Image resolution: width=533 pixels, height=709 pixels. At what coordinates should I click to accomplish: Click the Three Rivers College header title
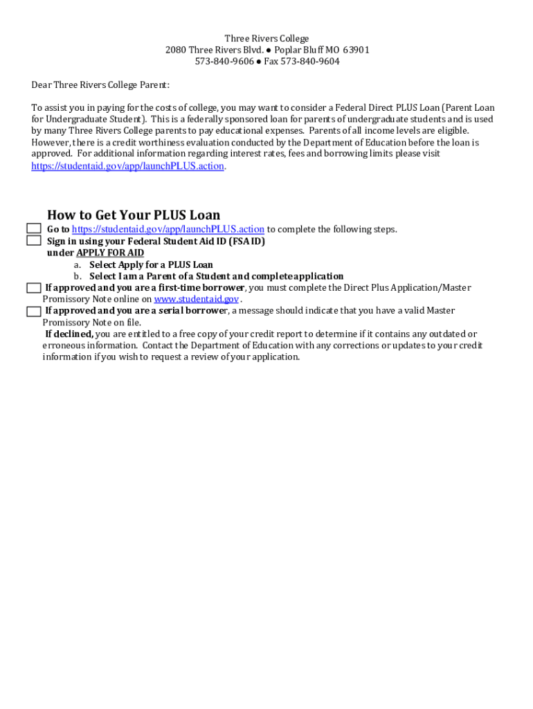(266, 39)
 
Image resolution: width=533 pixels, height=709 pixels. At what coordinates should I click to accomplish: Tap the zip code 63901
(356, 50)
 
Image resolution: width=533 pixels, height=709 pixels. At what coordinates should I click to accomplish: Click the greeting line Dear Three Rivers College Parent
(100, 85)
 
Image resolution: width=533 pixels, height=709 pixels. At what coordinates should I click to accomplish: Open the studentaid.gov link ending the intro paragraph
(127, 166)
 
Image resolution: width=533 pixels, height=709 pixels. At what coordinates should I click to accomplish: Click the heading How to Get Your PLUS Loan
(134, 215)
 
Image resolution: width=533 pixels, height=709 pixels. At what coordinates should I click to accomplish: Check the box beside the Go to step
(34, 229)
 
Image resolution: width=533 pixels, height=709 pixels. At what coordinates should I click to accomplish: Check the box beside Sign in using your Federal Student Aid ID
(34, 241)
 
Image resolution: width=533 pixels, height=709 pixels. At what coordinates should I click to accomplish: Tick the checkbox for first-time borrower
(34, 288)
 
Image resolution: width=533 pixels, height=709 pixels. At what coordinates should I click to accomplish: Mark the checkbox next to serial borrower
(34, 312)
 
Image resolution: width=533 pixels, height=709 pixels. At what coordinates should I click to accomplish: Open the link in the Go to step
(168, 229)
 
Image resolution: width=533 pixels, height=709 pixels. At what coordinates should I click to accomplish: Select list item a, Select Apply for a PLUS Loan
(151, 264)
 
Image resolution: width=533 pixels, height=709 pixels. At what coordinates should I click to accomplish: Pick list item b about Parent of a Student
(216, 276)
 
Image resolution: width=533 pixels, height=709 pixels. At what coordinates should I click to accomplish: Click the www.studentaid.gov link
(197, 299)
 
